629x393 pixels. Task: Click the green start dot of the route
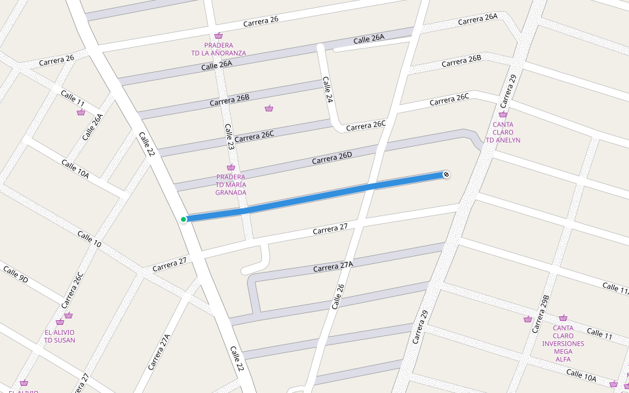[183, 219]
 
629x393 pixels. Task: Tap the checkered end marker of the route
[446, 174]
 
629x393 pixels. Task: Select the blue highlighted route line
[314, 196]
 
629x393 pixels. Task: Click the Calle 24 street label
[328, 90]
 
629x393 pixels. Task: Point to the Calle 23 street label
[229, 137]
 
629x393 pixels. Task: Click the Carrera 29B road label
[540, 313]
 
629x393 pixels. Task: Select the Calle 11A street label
[615, 288]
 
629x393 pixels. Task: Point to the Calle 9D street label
[15, 274]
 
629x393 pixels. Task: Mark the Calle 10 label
[89, 239]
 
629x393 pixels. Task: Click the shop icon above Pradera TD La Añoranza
[218, 36]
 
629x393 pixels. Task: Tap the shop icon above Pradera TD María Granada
[231, 168]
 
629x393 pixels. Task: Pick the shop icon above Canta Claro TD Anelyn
[503, 115]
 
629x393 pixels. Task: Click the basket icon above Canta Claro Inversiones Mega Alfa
[563, 318]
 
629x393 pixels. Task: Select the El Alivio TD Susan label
[60, 336]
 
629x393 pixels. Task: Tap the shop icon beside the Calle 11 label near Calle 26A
[81, 112]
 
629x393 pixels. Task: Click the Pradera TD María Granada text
[231, 185]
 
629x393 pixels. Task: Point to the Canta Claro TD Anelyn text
[503, 132]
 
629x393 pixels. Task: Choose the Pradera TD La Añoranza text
[218, 49]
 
